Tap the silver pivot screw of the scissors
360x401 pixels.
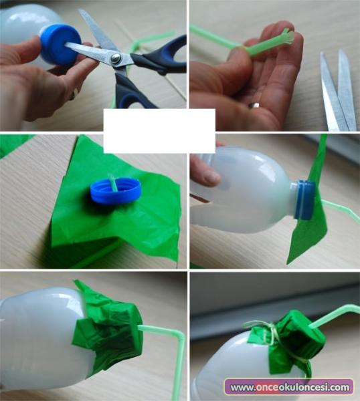point(116,57)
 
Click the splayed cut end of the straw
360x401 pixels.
point(288,37)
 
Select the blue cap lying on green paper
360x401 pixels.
point(116,190)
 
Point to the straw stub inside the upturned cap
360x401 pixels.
point(113,182)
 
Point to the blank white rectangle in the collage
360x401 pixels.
point(159,131)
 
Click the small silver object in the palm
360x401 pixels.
point(254,105)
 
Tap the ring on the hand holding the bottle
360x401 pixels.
point(74,94)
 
